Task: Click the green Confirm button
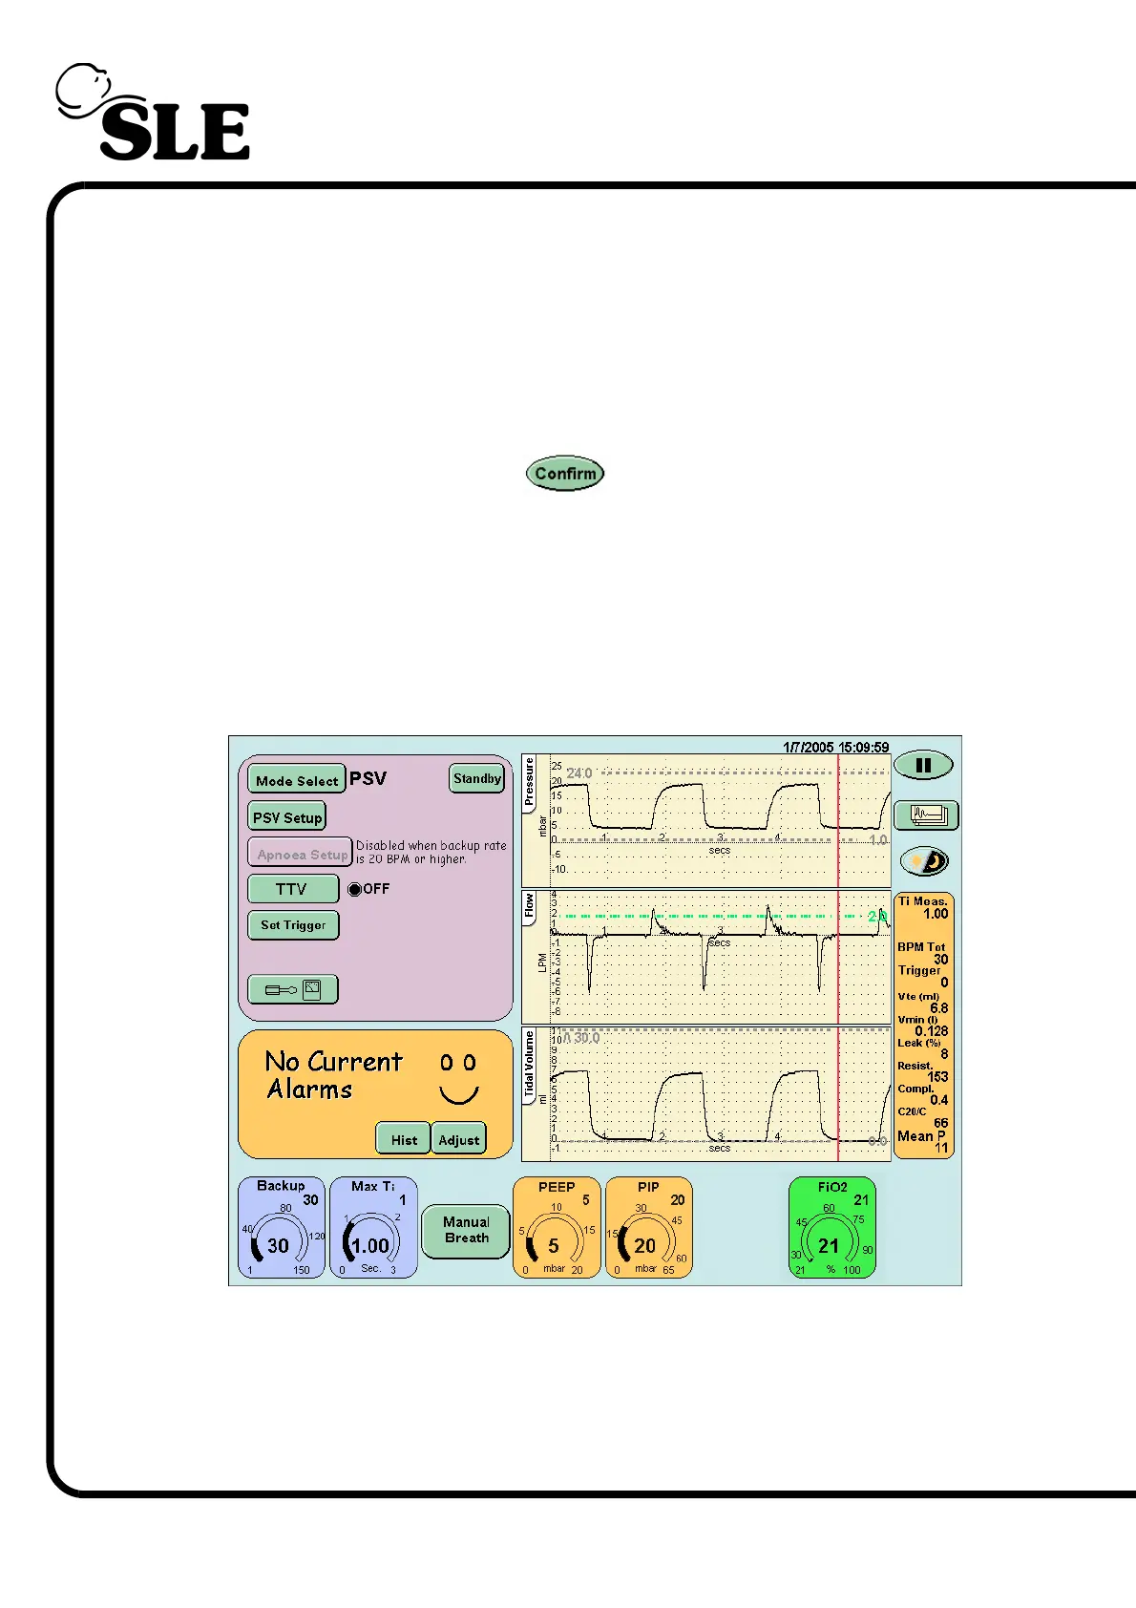pos(565,474)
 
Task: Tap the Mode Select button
pos(296,780)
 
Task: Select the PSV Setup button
pos(286,817)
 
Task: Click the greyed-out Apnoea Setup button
pos(301,855)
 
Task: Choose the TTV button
pos(292,889)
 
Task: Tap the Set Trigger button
pos(293,925)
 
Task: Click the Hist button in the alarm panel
pos(404,1139)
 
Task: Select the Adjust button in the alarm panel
pos(459,1139)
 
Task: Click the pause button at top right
pos(923,765)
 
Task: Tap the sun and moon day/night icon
pos(925,861)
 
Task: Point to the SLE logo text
pos(175,132)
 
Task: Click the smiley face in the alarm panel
pos(458,1079)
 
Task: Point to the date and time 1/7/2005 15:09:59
pos(835,748)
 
